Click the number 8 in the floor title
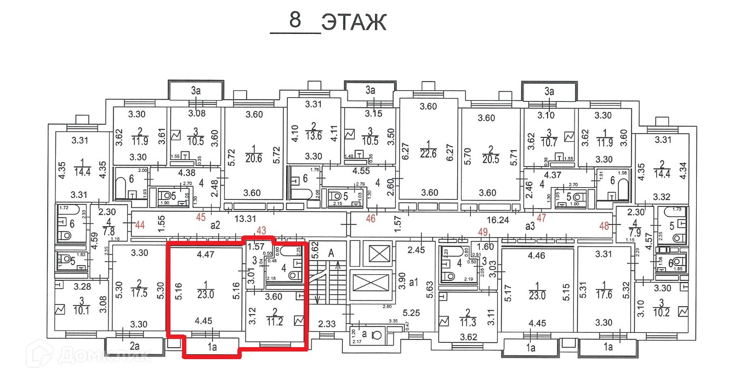(295, 21)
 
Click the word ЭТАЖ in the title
(354, 22)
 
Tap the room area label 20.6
(254, 158)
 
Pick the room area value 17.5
(141, 292)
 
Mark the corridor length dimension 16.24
(493, 219)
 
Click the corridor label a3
(530, 225)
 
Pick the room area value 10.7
(548, 141)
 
